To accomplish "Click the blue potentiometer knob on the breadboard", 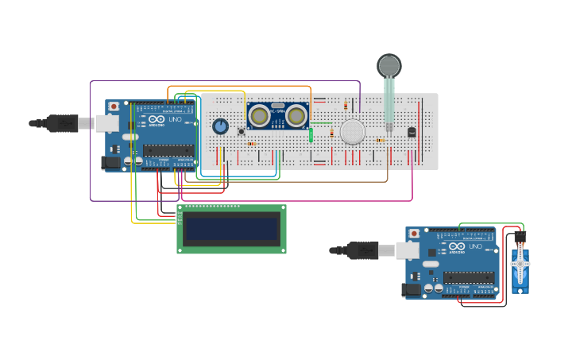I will (220, 126).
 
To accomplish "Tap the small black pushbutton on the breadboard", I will (242, 131).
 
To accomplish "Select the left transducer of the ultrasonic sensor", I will (259, 116).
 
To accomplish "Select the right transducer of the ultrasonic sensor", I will (296, 116).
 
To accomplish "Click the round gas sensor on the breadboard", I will (352, 132).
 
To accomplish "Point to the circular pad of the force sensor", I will (389, 65).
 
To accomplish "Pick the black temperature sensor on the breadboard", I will (411, 132).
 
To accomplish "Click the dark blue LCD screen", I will (231, 230).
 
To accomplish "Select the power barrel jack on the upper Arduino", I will (111, 162).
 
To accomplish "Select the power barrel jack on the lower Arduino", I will (412, 290).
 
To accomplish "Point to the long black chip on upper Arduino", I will (168, 150).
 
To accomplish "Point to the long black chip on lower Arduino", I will (469, 277).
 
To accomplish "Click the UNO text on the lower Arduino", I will (475, 247).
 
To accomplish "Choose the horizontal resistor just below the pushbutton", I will (251, 144).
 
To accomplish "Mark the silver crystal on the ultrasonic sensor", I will (277, 106).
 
